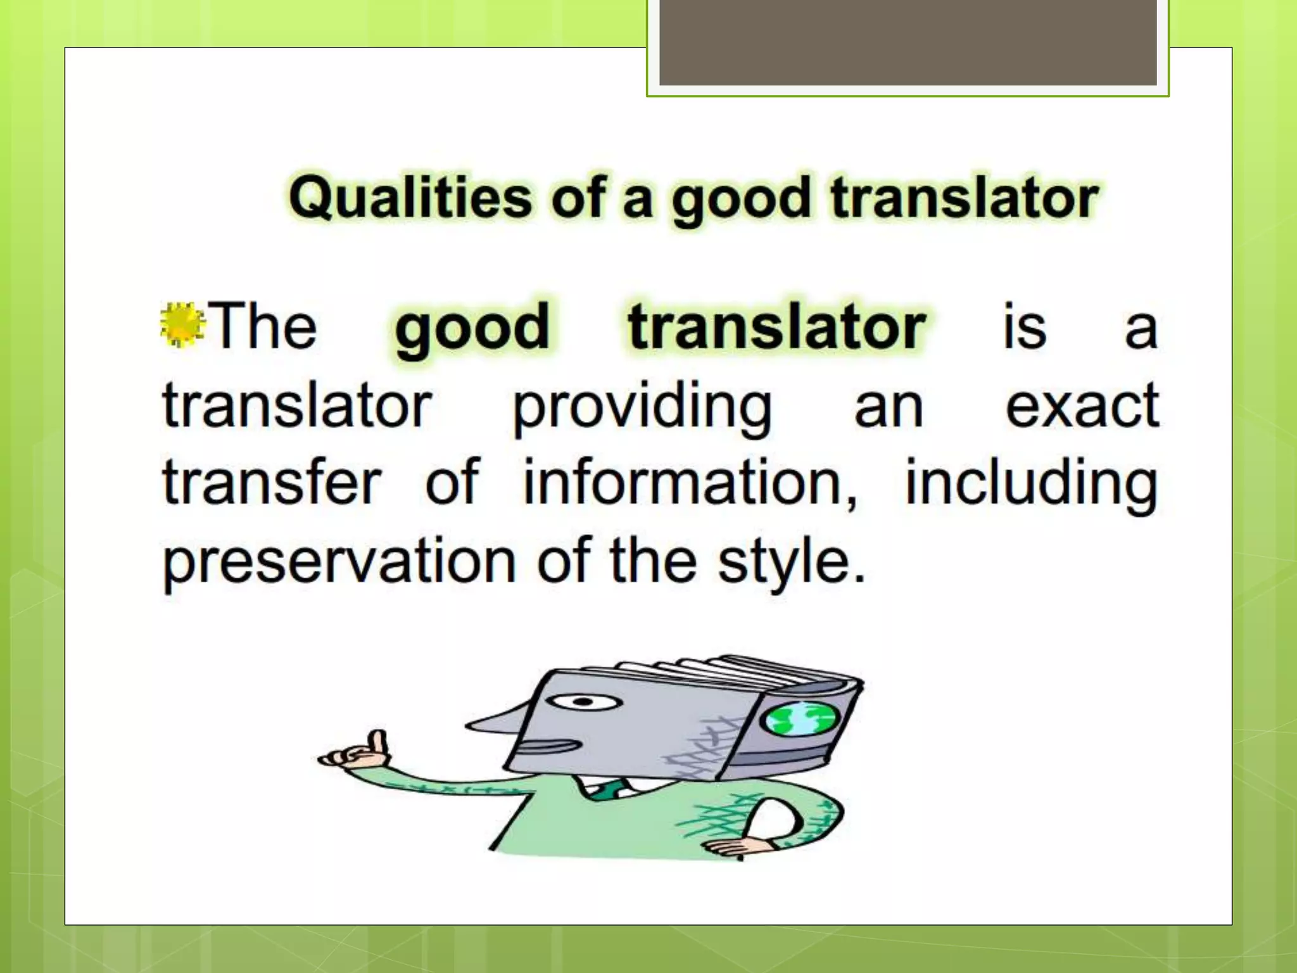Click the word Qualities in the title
(x=410, y=198)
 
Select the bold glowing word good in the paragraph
(x=472, y=327)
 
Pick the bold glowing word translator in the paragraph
(x=776, y=327)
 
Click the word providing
(x=642, y=407)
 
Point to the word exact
(x=1082, y=406)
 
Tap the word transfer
(x=272, y=483)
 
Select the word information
(x=690, y=483)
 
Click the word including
(x=1031, y=484)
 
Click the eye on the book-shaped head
(x=584, y=702)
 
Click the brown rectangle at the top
(x=908, y=42)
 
